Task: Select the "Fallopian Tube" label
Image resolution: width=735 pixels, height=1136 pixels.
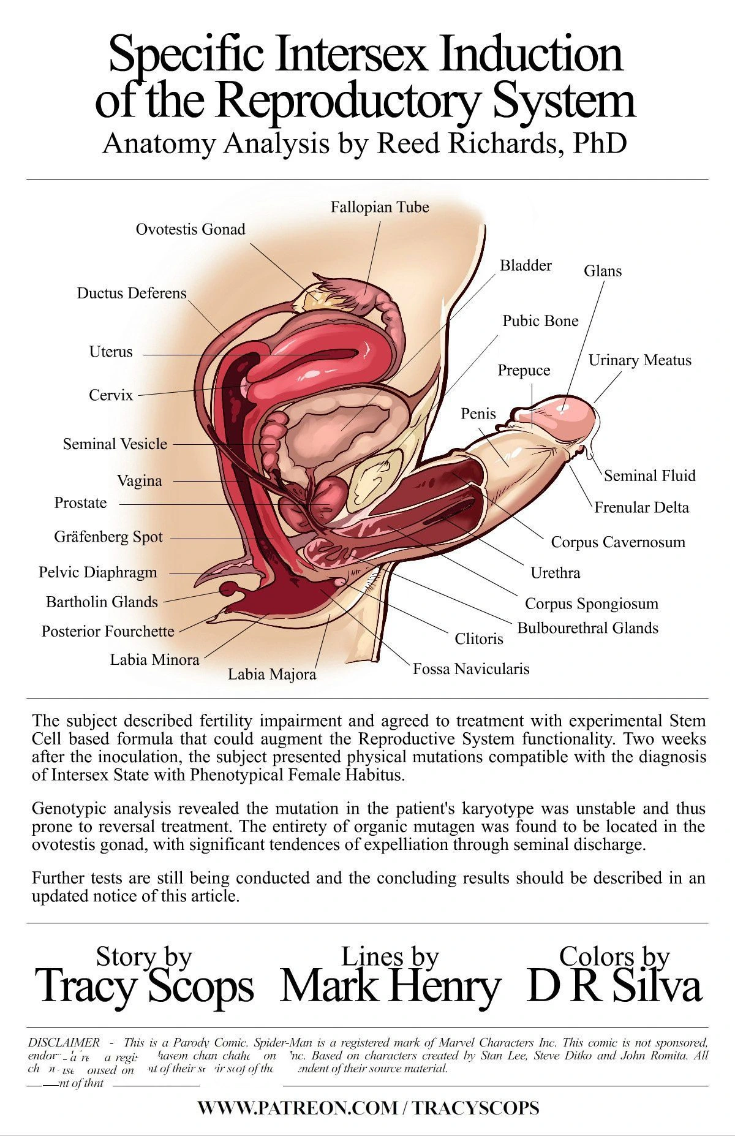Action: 380,208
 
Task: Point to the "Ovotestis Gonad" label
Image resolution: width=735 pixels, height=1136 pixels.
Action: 190,230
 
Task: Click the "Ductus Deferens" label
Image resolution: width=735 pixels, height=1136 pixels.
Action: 132,293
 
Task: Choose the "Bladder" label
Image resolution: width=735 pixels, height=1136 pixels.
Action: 526,265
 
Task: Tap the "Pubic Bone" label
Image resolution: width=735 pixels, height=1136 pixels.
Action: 540,321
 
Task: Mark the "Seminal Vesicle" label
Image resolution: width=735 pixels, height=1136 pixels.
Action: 115,444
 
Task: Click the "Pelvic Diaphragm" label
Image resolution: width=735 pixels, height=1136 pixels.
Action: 98,573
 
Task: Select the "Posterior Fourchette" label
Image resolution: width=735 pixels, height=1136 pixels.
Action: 108,632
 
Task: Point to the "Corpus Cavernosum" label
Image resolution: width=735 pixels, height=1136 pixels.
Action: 618,542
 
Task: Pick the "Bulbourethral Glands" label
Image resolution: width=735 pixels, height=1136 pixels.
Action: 588,628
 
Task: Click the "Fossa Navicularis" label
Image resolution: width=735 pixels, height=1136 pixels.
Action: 471,669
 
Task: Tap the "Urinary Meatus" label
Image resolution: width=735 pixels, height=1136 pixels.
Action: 640,360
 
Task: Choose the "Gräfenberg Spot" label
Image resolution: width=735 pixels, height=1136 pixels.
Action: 108,537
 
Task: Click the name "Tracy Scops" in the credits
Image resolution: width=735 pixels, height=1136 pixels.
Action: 145,986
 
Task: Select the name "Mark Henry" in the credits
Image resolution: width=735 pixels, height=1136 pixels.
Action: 390,986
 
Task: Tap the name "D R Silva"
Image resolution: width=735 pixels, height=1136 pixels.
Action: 614,986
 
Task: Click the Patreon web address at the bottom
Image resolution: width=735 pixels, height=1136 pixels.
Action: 368,1107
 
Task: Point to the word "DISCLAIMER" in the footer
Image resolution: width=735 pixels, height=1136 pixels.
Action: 64,1042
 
